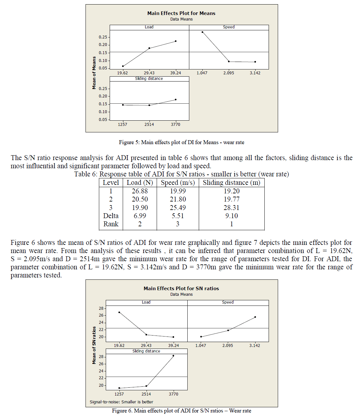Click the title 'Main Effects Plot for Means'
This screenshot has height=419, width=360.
(x=181, y=13)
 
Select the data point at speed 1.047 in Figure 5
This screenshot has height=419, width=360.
(x=202, y=32)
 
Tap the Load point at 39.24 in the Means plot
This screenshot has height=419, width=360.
(x=176, y=41)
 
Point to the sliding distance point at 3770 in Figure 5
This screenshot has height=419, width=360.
(x=176, y=99)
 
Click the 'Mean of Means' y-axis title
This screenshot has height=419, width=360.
(x=94, y=73)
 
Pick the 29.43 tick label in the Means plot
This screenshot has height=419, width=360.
(x=149, y=73)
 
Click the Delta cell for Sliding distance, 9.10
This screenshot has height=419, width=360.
(x=231, y=216)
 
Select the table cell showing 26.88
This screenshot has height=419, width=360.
(x=140, y=191)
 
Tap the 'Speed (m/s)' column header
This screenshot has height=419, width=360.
(x=178, y=183)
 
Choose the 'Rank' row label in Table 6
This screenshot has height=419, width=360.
(x=111, y=224)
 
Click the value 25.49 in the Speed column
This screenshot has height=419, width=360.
(x=178, y=208)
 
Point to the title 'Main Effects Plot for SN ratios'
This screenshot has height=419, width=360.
(x=181, y=289)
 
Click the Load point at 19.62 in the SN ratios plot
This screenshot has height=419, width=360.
(x=119, y=312)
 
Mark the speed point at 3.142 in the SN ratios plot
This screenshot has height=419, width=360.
(x=255, y=317)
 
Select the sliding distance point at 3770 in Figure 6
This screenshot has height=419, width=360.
(x=173, y=356)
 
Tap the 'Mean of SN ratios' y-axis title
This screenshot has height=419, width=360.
(x=94, y=345)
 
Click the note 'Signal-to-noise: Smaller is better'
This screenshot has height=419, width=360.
(x=121, y=402)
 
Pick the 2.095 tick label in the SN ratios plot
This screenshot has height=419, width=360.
(x=228, y=346)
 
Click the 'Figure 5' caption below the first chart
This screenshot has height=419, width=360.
(x=181, y=142)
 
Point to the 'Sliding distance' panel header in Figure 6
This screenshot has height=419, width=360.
(x=146, y=351)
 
